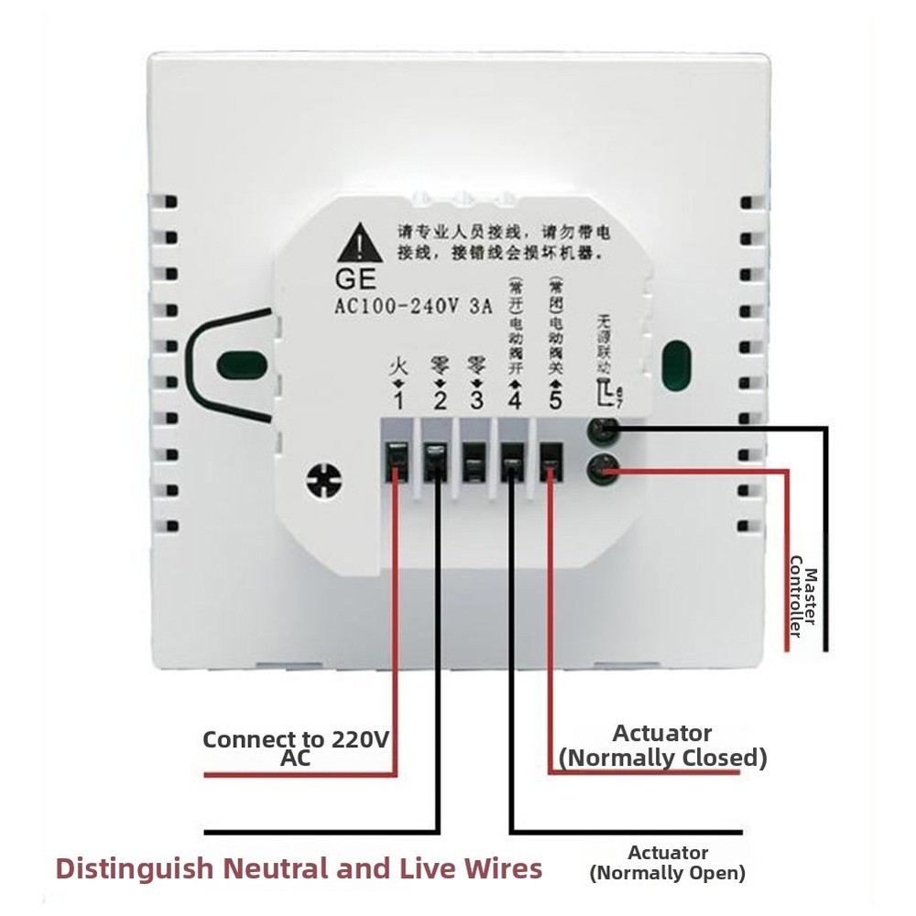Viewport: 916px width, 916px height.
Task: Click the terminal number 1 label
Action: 398,401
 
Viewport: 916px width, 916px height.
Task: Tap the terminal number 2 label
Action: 439,401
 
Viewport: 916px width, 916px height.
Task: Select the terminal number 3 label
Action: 475,401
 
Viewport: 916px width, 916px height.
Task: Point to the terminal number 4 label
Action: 513,401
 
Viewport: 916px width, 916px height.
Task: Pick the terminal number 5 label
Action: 551,401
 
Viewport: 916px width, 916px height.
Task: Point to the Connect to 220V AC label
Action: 295,747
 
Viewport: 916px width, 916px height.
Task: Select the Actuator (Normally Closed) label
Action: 662,746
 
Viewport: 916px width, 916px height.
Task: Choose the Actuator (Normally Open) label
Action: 668,862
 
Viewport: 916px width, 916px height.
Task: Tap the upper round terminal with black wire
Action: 603,429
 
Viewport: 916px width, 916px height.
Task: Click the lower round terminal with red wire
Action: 602,469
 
